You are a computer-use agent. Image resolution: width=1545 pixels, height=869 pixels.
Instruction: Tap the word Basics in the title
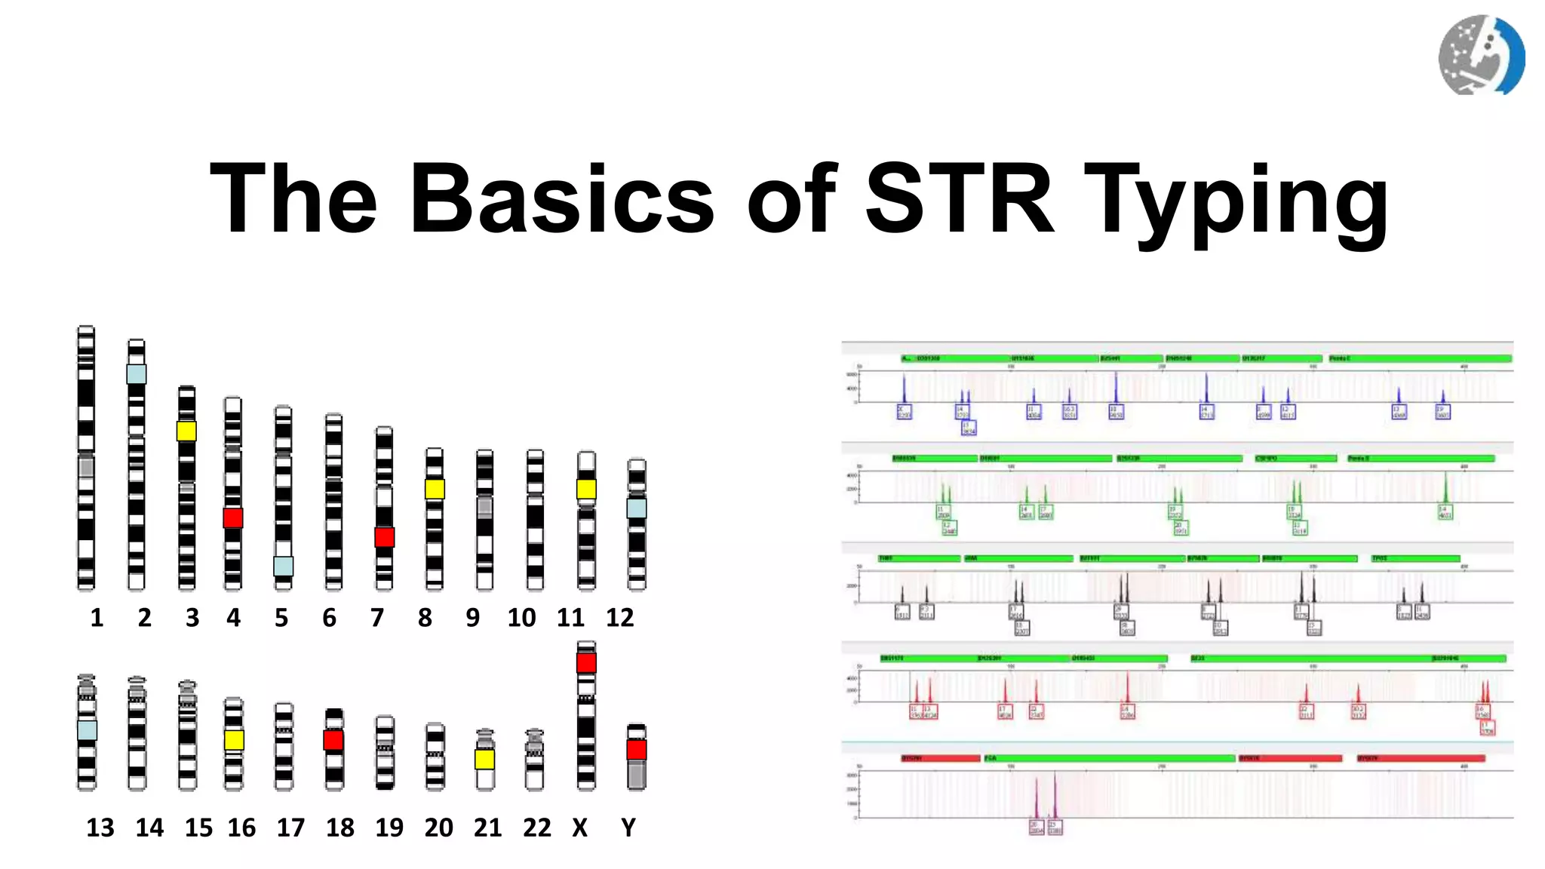click(561, 199)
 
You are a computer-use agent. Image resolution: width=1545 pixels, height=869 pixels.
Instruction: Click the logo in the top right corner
click(1481, 55)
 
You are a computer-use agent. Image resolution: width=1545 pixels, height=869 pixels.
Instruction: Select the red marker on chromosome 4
click(233, 517)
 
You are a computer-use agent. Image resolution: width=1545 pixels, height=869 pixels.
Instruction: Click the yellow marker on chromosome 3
click(186, 431)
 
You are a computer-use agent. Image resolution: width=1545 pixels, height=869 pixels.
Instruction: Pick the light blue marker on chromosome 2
click(137, 373)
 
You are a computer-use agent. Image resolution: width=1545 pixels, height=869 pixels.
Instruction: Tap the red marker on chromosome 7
click(385, 537)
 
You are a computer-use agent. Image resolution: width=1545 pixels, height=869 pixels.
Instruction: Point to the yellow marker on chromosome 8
click(435, 489)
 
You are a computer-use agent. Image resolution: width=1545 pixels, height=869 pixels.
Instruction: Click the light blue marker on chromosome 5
click(283, 566)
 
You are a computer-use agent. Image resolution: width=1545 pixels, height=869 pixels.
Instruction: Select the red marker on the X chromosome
click(586, 663)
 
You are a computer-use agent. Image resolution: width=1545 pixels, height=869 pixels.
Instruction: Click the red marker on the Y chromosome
click(637, 749)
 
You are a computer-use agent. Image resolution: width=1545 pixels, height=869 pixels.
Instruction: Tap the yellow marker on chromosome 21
click(485, 759)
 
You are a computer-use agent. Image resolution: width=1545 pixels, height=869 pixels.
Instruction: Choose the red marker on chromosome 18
click(333, 740)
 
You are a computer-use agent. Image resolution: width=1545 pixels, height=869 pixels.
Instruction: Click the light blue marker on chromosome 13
click(87, 729)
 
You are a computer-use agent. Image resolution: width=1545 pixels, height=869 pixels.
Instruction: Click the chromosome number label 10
click(521, 618)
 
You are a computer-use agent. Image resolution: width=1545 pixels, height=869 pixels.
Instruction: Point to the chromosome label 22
click(536, 828)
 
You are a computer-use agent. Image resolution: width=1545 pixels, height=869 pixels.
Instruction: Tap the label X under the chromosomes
click(579, 828)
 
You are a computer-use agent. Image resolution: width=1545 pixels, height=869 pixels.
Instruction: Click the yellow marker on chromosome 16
click(234, 740)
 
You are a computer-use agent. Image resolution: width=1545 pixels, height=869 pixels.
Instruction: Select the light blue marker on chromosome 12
click(637, 508)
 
